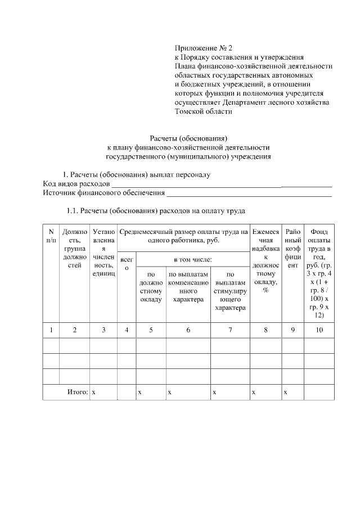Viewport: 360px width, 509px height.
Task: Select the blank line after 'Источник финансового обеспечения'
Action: pos(248,193)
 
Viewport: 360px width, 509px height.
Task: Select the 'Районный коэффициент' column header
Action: pos(293,247)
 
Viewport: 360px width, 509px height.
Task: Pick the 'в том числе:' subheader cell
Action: pos(192,259)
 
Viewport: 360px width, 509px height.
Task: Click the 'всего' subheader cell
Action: pos(127,264)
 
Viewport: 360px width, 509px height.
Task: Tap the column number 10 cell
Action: pos(319,330)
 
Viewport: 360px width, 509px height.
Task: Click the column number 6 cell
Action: pos(188,330)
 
